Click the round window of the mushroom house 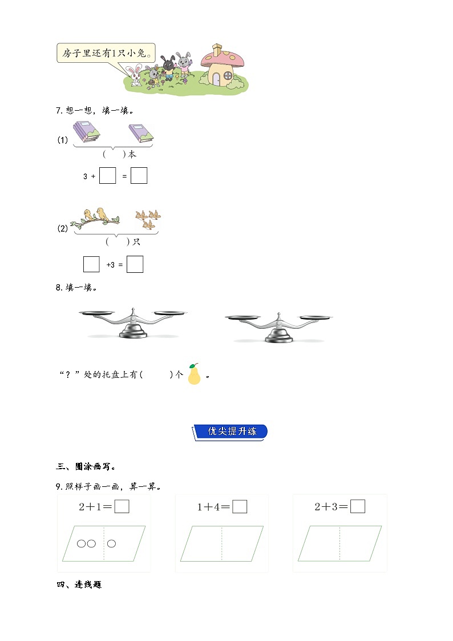tap(228, 75)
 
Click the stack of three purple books tap(86, 131)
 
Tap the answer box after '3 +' tap(107, 176)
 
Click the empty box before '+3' tap(91, 264)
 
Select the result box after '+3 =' tap(135, 264)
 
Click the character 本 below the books tap(132, 154)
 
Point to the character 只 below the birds tap(136, 242)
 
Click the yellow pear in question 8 tap(195, 374)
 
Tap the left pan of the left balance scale tap(98, 312)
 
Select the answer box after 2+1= tap(122, 506)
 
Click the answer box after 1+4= tap(240, 506)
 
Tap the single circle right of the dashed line tap(111, 543)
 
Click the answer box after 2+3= tap(358, 506)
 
